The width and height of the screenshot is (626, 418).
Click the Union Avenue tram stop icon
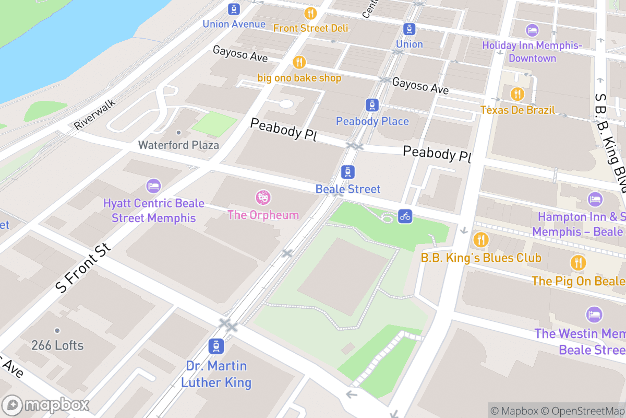pyautogui.click(x=234, y=9)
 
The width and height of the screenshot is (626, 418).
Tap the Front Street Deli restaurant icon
pyautogui.click(x=311, y=14)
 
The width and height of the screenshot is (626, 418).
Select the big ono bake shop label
pyautogui.click(x=299, y=78)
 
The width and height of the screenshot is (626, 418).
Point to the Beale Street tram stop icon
pyautogui.click(x=348, y=172)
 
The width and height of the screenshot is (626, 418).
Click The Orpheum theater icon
pyautogui.click(x=263, y=198)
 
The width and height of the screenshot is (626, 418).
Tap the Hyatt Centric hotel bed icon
pyautogui.click(x=153, y=186)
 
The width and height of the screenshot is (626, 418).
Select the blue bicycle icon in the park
pyautogui.click(x=405, y=215)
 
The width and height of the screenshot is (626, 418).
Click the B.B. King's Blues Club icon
pyautogui.click(x=480, y=240)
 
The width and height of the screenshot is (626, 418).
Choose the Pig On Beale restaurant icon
pyautogui.click(x=578, y=263)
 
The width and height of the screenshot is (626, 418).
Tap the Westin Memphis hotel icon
pyautogui.click(x=594, y=315)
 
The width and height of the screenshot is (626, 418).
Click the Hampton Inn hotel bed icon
pyautogui.click(x=595, y=199)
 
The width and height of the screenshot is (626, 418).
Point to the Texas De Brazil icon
pyautogui.click(x=517, y=94)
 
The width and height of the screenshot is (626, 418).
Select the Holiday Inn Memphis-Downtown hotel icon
pyautogui.click(x=532, y=30)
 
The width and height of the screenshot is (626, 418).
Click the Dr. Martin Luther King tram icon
pyautogui.click(x=216, y=346)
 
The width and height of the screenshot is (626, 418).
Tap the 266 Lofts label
pyautogui.click(x=57, y=345)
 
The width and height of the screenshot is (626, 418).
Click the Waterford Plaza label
pyautogui.click(x=178, y=145)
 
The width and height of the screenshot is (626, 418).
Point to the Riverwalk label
pyautogui.click(x=94, y=114)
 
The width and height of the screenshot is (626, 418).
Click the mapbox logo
pyautogui.click(x=47, y=405)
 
